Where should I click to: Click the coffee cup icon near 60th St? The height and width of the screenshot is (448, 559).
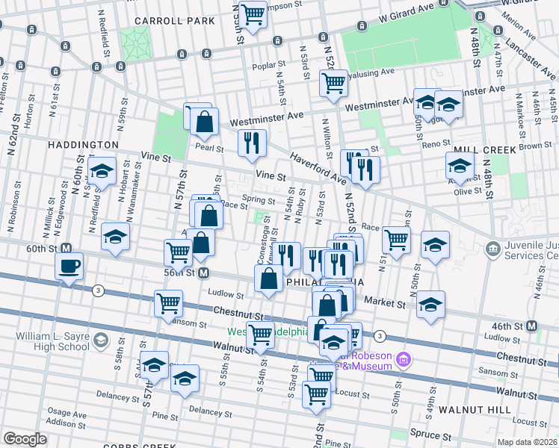(x=70, y=266)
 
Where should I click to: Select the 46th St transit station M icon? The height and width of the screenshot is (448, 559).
(x=531, y=326)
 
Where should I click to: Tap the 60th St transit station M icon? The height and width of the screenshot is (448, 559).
(x=67, y=248)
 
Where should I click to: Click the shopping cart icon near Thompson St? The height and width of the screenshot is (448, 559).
(x=254, y=13)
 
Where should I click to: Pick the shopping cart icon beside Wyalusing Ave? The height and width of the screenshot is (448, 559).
(x=333, y=83)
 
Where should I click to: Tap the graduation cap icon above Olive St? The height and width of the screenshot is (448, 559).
(x=459, y=165)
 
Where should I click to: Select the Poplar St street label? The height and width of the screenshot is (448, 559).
(x=253, y=65)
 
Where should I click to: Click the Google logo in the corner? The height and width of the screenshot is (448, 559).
(x=25, y=439)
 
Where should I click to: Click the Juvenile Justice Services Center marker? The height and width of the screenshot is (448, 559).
(x=492, y=248)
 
